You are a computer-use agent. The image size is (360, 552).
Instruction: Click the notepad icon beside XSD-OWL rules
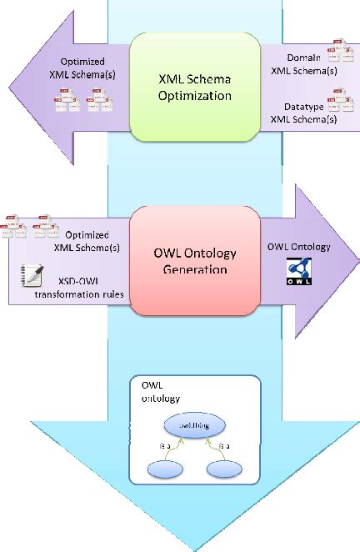tap(25, 273)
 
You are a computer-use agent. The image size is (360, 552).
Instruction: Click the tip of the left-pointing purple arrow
tap(7, 84)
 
